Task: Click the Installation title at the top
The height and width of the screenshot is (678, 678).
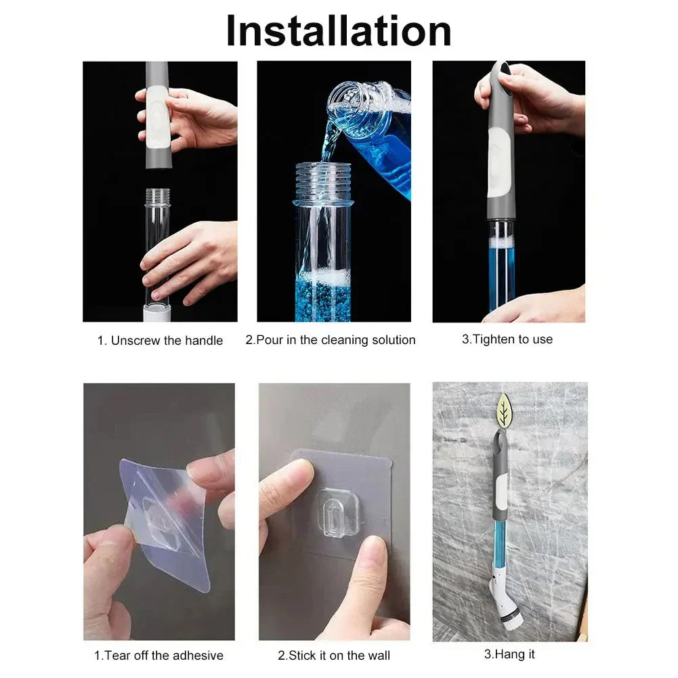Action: (x=339, y=30)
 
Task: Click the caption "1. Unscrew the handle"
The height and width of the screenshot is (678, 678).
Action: (x=160, y=341)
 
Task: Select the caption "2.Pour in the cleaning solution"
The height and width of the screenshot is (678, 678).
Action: (x=330, y=340)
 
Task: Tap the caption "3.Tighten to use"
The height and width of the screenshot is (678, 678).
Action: (x=507, y=339)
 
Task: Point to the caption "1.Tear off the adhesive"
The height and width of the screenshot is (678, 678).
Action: (x=158, y=655)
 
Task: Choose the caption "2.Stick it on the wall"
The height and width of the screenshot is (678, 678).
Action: (x=334, y=655)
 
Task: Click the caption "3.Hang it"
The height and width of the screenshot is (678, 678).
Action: (x=509, y=654)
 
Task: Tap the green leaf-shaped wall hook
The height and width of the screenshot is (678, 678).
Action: (x=505, y=411)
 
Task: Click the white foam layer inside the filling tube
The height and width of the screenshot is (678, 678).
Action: (x=324, y=276)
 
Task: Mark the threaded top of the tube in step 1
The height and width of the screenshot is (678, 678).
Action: (x=157, y=198)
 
